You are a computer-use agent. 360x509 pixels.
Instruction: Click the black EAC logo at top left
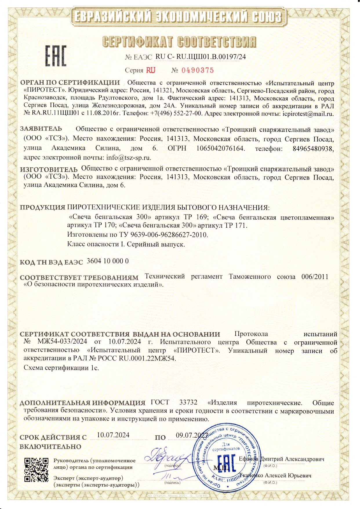coord(56,56)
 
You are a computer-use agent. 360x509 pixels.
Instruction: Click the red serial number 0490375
coord(198,70)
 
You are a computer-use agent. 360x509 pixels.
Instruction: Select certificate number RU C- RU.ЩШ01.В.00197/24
coord(201,57)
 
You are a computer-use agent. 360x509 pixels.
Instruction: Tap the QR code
coord(36,470)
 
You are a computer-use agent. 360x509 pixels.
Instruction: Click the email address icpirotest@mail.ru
coord(308,114)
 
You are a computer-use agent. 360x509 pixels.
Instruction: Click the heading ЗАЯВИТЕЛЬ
coord(41,129)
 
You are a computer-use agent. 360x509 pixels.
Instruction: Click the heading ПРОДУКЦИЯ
coord(43,208)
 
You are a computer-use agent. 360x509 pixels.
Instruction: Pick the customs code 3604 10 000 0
coord(108,261)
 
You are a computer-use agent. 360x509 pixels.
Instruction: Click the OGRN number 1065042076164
coord(220,148)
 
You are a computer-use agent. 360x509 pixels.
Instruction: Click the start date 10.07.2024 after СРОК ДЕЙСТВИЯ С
coord(113,435)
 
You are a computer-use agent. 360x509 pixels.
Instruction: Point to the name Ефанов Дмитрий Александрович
coord(281,459)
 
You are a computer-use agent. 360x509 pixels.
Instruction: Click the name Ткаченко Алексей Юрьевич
coord(275,475)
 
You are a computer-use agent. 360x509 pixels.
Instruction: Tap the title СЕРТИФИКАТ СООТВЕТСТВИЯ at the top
coord(179,42)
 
